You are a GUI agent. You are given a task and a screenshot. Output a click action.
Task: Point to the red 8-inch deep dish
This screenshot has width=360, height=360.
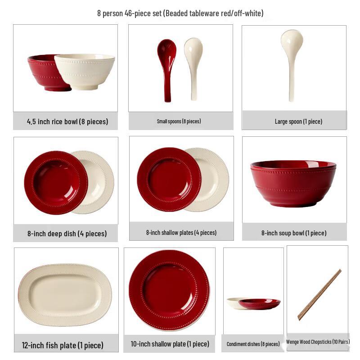tap(54, 182)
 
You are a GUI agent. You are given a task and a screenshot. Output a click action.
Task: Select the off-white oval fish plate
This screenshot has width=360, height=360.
tap(65, 295)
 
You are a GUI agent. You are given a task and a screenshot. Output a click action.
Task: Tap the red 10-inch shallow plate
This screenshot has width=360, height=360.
tap(169, 290)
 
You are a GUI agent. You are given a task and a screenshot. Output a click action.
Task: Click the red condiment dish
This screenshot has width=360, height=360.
tap(260, 304)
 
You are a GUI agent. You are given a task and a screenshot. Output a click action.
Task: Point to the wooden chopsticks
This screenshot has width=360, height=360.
tap(319, 295)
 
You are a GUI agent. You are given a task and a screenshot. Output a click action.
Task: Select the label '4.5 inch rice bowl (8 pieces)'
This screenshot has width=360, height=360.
tap(67, 121)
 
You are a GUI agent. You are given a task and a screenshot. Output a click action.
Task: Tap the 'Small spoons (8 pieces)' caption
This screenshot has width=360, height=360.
tap(179, 121)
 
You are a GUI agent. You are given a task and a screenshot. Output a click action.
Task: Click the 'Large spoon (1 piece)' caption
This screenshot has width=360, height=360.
tap(298, 121)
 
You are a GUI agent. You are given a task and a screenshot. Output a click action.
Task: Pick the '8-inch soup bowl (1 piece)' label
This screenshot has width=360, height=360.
tap(294, 233)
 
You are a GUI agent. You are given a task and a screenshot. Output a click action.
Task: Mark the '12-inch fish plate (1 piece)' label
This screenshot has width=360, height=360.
tap(63, 345)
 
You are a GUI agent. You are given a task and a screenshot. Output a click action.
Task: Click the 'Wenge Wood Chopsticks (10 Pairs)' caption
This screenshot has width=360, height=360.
tap(318, 342)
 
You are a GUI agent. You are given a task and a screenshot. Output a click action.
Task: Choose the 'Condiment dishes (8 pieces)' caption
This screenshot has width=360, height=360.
tap(253, 344)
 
